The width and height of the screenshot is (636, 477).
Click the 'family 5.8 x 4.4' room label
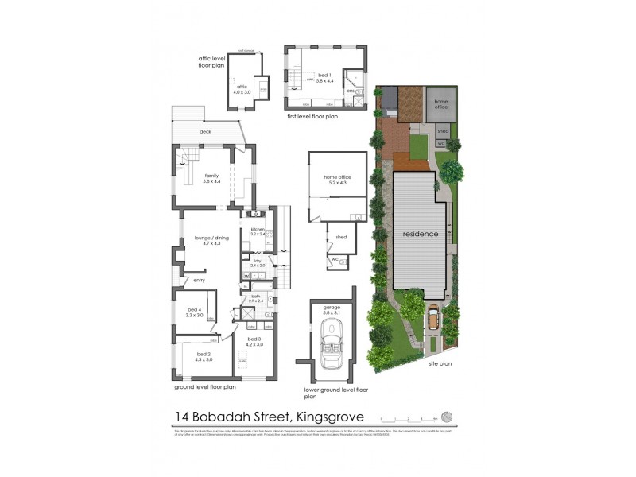(x=211, y=178)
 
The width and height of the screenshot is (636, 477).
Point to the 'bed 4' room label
(x=195, y=312)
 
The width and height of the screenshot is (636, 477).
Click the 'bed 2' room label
(x=204, y=357)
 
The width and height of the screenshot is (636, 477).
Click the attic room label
(x=242, y=89)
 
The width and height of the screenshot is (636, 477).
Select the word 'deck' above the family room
(x=205, y=132)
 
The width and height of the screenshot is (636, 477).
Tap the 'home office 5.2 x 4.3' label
(x=336, y=180)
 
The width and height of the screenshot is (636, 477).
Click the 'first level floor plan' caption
(x=312, y=116)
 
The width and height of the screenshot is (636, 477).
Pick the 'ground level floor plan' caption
(x=205, y=388)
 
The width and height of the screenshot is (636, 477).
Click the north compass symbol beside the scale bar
(x=447, y=416)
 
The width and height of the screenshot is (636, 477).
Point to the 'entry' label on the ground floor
(x=199, y=280)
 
